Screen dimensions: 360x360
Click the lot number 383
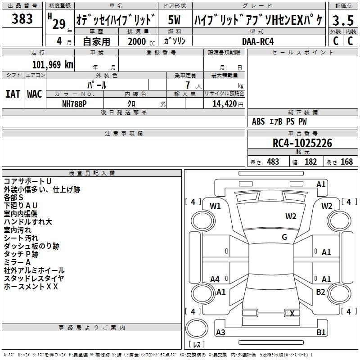pos(22,18)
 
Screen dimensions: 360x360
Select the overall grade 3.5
pos(343,20)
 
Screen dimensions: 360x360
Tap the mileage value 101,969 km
pos(53,65)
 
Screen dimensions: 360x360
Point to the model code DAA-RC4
pos(258,41)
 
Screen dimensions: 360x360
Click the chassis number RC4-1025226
pos(302,143)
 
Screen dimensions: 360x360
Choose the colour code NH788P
pos(74,104)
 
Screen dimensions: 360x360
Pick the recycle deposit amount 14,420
pos(224,104)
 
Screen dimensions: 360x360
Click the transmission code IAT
pos(13,94)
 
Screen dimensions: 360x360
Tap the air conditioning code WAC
pos(35,94)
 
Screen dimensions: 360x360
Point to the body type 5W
pos(174,20)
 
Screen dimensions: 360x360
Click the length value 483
pos(273,162)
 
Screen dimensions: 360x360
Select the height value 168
pos(346,162)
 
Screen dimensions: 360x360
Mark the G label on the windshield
pos(284,237)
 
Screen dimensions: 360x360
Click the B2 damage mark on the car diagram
pos(320,292)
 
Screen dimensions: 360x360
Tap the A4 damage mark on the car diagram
pos(215,279)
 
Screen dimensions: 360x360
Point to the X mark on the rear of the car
pos(292,313)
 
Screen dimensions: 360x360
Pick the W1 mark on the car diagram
pos(215,206)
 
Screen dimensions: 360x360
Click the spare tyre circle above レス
pos(197,328)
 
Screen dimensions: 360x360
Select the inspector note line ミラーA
pos(17,262)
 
